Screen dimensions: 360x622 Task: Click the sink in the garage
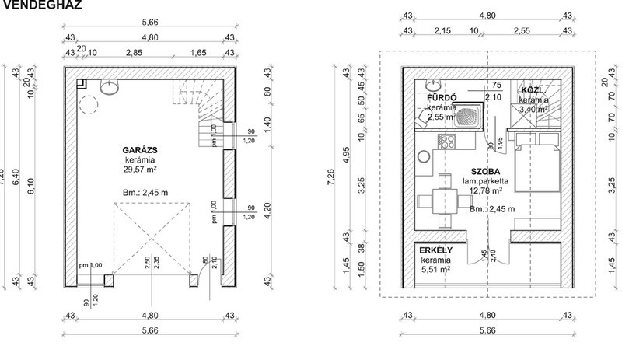(110, 88)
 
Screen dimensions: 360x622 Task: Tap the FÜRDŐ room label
(442, 97)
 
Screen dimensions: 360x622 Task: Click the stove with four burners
(448, 142)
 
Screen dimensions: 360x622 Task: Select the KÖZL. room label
(533, 90)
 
